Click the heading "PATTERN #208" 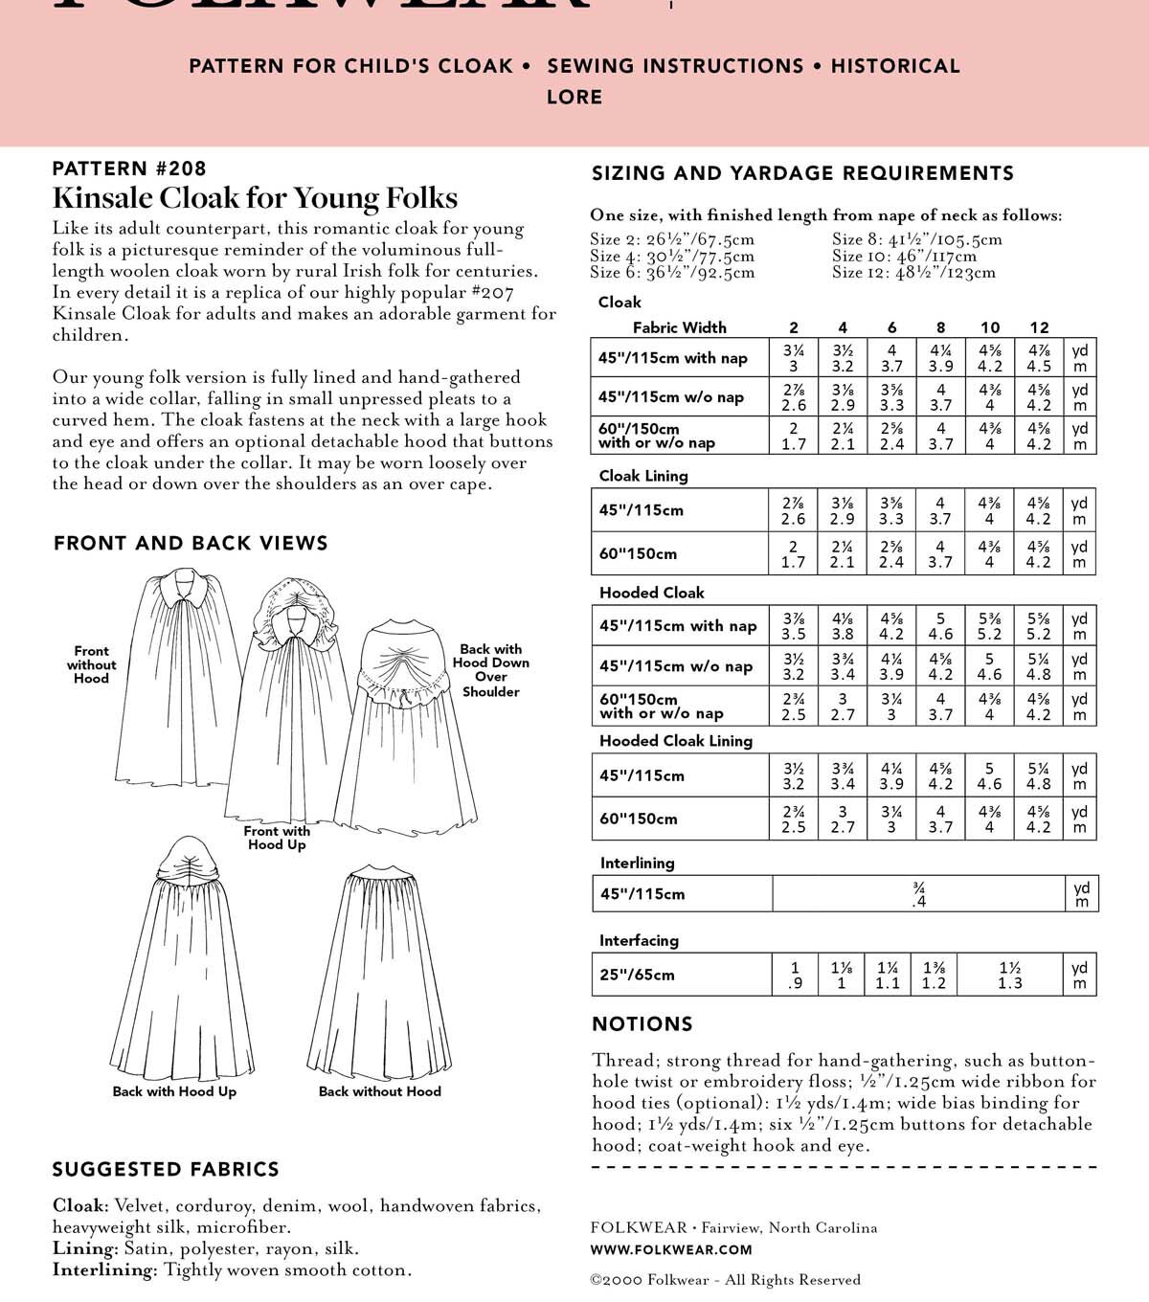tap(129, 168)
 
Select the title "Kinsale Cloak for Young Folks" tap(255, 198)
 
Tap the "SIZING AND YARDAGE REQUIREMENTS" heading tap(802, 173)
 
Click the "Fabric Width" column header tap(679, 327)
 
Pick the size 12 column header tap(1039, 327)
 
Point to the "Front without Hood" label tap(91, 664)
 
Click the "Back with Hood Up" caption tap(174, 1091)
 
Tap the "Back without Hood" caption tap(379, 1091)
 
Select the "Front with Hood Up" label tap(277, 838)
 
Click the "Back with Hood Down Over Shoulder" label tap(490, 670)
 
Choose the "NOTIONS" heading tap(642, 1024)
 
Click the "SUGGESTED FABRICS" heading tap(166, 1169)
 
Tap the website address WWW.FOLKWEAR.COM tap(671, 1249)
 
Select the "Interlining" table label tap(637, 863)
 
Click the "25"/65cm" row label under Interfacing tap(637, 975)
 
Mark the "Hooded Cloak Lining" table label tap(675, 740)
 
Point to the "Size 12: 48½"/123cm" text tap(913, 272)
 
